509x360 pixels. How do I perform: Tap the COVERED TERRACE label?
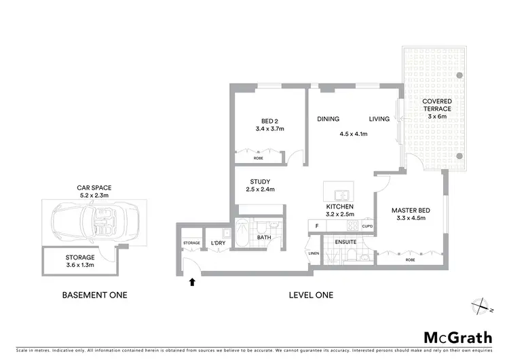tap(438, 105)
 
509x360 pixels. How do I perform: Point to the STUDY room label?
tap(260, 181)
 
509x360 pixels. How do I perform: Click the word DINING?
tap(328, 120)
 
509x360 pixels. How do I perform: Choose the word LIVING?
tap(379, 120)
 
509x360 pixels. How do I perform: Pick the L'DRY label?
tap(218, 242)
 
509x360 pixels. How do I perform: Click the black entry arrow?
tap(192, 281)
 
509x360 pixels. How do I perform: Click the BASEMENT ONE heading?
tap(94, 295)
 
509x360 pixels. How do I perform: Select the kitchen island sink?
tap(337, 190)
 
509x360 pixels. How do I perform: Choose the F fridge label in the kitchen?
tap(316, 226)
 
